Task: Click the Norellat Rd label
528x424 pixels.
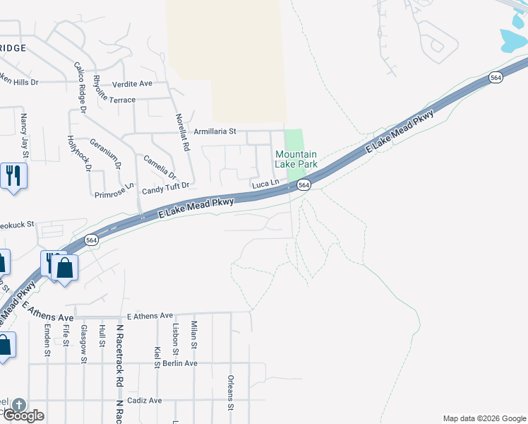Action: (184, 133)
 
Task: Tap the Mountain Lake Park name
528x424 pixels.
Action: (296, 159)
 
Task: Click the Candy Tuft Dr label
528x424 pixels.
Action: (166, 187)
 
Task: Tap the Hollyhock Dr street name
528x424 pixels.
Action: (79, 153)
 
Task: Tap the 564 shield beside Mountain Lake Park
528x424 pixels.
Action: (304, 184)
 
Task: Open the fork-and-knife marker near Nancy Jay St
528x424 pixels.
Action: (13, 175)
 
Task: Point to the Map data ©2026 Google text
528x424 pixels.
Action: (484, 418)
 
